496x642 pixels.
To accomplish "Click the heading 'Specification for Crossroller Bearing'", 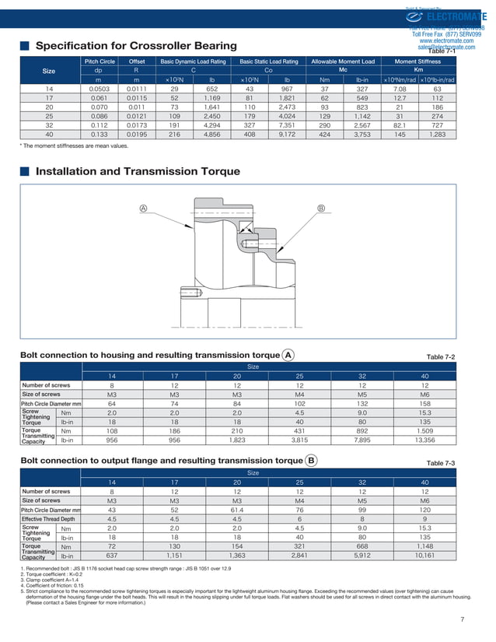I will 137,45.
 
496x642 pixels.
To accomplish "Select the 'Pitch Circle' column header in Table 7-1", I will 98,61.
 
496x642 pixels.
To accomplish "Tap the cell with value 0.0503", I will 98,89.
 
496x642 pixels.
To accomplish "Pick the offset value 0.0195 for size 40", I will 136,134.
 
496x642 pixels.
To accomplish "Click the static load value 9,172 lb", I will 287,134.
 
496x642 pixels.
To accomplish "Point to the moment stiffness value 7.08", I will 400,89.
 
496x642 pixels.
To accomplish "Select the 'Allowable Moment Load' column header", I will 342,61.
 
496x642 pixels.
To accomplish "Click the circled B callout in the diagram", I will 321,208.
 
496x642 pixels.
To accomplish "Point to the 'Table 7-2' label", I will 441,356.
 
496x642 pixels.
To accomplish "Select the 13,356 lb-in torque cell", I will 424,440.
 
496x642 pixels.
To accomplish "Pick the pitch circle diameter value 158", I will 424,404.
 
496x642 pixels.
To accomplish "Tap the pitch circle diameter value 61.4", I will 237,509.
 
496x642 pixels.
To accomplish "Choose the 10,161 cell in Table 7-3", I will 424,556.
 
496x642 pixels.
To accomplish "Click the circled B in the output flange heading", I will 311,461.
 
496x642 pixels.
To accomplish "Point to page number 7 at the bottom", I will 462,619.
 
